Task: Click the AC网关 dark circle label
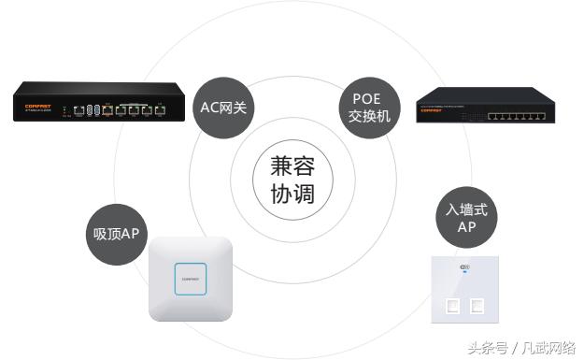tap(224, 108)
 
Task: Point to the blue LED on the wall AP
tap(464, 279)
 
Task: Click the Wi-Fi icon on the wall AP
tap(464, 269)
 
